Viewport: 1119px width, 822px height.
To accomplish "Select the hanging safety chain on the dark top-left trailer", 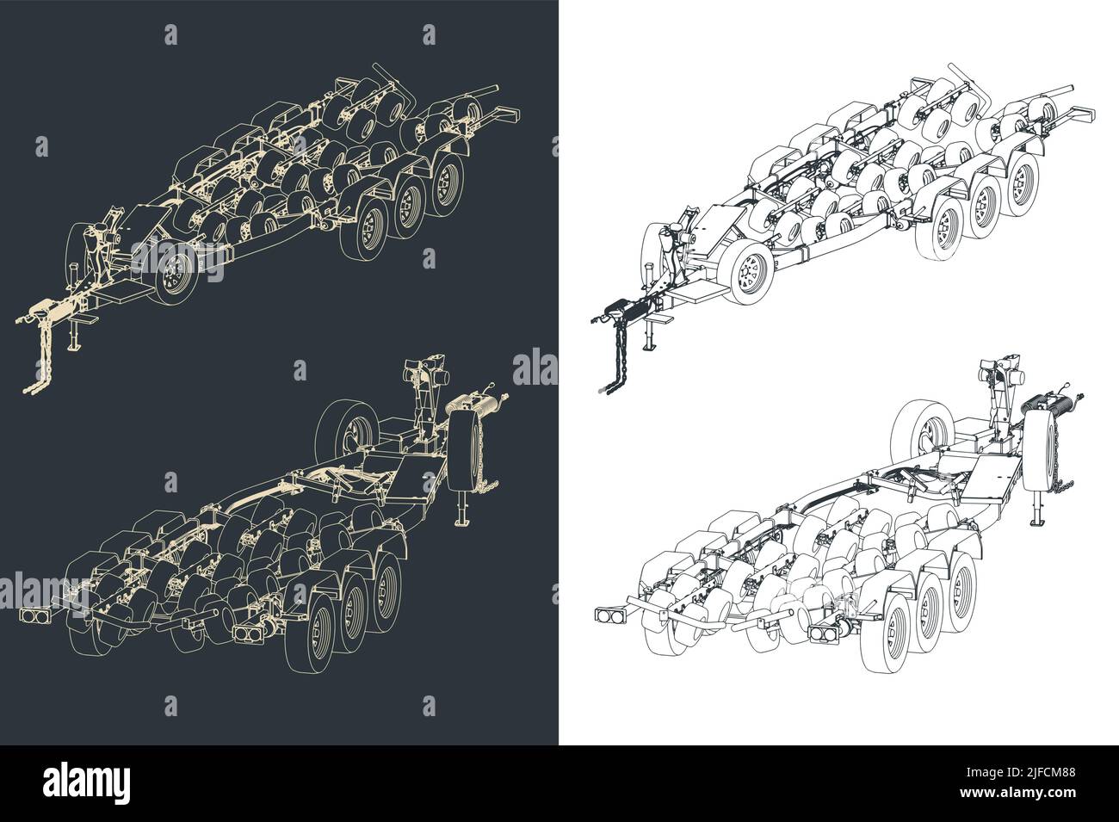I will (x=37, y=362).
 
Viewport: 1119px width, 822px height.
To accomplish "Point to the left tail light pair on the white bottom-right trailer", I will (x=610, y=616).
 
